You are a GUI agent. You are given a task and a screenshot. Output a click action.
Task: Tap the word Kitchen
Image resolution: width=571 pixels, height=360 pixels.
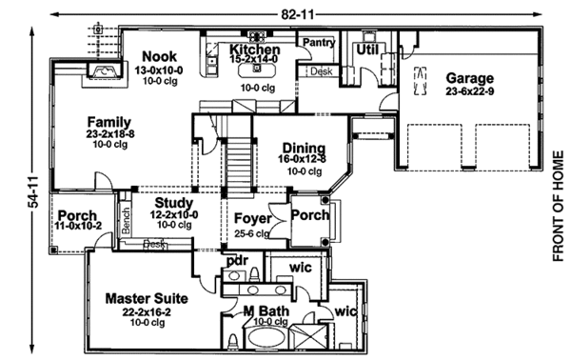point(254,50)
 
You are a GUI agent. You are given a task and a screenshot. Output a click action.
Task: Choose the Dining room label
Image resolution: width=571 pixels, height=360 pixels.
point(303,148)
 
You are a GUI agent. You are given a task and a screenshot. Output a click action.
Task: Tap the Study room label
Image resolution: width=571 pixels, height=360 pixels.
point(173,203)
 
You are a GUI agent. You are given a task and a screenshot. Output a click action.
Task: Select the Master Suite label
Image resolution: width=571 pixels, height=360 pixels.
point(146,298)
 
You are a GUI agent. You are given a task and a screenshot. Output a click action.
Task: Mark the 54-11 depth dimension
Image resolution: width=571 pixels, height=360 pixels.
point(33,191)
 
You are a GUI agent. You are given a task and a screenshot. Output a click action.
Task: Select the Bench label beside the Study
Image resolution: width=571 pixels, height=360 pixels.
point(125,218)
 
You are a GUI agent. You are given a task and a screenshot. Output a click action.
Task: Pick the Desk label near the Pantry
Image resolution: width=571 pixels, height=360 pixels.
point(320,71)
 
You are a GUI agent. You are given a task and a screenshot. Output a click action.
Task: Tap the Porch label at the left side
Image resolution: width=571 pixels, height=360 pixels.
point(76,215)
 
